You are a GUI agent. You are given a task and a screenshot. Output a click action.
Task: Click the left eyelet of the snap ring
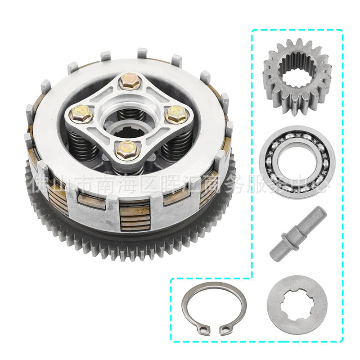coord(204,331)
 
